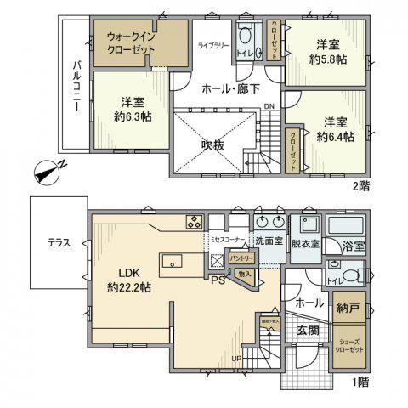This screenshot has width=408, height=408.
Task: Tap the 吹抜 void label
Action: point(212,145)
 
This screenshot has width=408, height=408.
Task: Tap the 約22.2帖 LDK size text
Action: point(130,289)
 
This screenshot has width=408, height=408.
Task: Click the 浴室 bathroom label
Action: point(355,246)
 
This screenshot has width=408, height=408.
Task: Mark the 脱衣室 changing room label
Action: point(304,243)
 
